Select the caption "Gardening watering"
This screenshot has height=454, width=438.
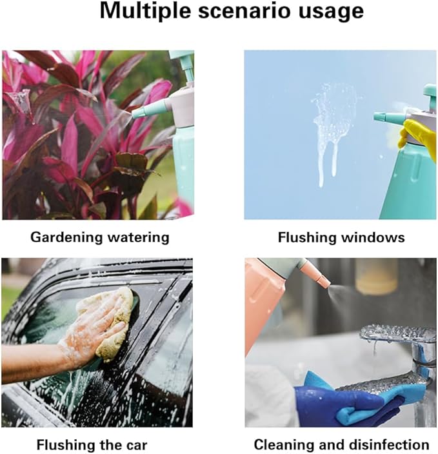(100, 237)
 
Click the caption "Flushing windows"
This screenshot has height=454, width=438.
(341, 237)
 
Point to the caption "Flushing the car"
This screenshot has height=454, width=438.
(92, 444)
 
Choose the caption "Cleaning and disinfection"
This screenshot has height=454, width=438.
(341, 444)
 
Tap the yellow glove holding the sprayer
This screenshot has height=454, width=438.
(417, 133)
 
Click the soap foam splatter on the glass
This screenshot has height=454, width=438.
(333, 123)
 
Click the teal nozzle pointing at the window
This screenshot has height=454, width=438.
(388, 117)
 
